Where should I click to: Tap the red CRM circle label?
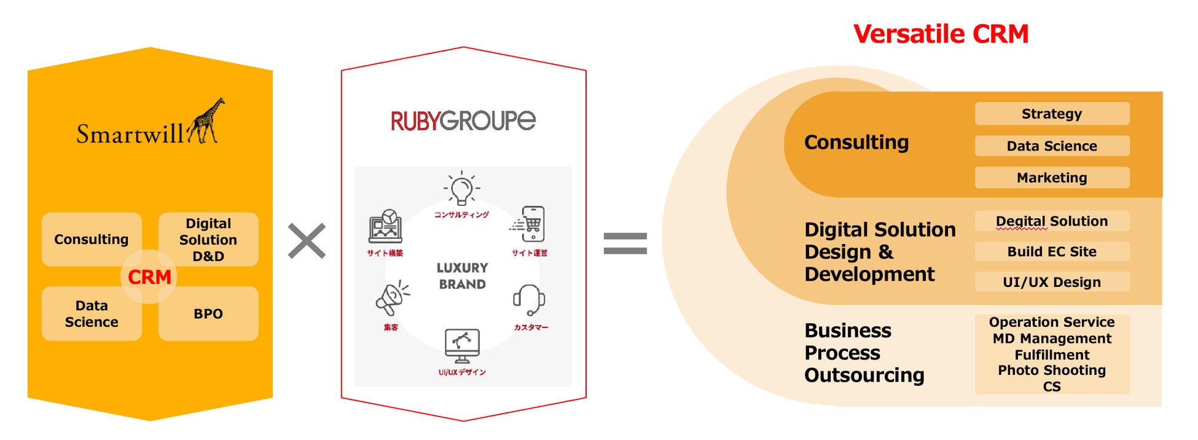pos(149,277)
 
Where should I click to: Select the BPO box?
pos(208,313)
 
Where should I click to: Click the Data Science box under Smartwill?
pos(92,313)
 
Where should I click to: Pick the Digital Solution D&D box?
pos(208,240)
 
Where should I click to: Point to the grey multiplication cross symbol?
pos(307,241)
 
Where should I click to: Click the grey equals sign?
pos(625,243)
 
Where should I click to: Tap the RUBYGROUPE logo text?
pos(463,120)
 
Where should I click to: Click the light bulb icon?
pos(461,189)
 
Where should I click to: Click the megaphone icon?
pos(391,299)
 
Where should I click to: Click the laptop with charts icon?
pos(385,227)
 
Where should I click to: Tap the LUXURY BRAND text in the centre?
pos(462,276)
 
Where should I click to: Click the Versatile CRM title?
pos(941,34)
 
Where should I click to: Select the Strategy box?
pos(1052,114)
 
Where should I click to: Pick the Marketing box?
pos(1052,178)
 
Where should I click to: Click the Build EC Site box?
pos(1052,251)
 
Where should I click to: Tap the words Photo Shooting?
pos(1052,370)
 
